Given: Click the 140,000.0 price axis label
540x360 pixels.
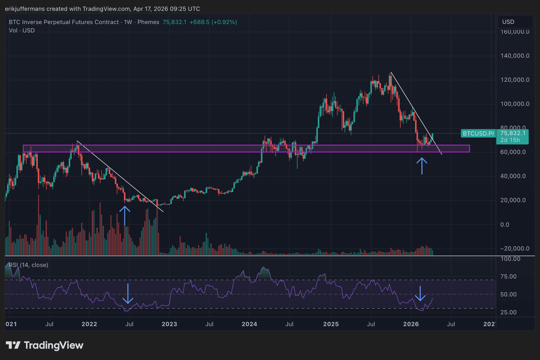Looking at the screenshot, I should click(515, 56).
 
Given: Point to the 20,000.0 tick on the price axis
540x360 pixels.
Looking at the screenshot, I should click(513, 200).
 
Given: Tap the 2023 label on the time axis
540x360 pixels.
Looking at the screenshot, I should click(169, 324).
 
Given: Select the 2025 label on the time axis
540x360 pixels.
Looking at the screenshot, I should click(331, 324).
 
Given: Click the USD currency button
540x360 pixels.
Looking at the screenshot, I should click(508, 22).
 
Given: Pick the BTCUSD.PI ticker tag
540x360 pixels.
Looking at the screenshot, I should click(478, 134).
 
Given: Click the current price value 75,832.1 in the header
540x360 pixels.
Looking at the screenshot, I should click(174, 22).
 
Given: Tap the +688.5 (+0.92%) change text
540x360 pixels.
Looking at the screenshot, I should click(213, 22).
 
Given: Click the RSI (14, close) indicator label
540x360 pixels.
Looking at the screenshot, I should click(29, 265).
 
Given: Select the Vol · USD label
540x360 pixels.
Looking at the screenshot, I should click(22, 31).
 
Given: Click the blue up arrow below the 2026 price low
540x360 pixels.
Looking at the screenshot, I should click(422, 166).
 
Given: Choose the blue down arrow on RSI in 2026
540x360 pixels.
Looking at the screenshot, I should click(420, 294).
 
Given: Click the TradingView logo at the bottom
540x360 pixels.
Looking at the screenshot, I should click(45, 345).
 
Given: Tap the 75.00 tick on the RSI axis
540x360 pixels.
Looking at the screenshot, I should click(508, 277).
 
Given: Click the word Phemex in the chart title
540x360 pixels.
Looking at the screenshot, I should click(148, 22).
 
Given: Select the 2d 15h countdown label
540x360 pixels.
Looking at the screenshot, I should click(510, 140).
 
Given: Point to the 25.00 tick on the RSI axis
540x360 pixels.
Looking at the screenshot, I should click(508, 312).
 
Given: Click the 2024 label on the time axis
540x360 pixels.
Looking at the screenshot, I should click(249, 324).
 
